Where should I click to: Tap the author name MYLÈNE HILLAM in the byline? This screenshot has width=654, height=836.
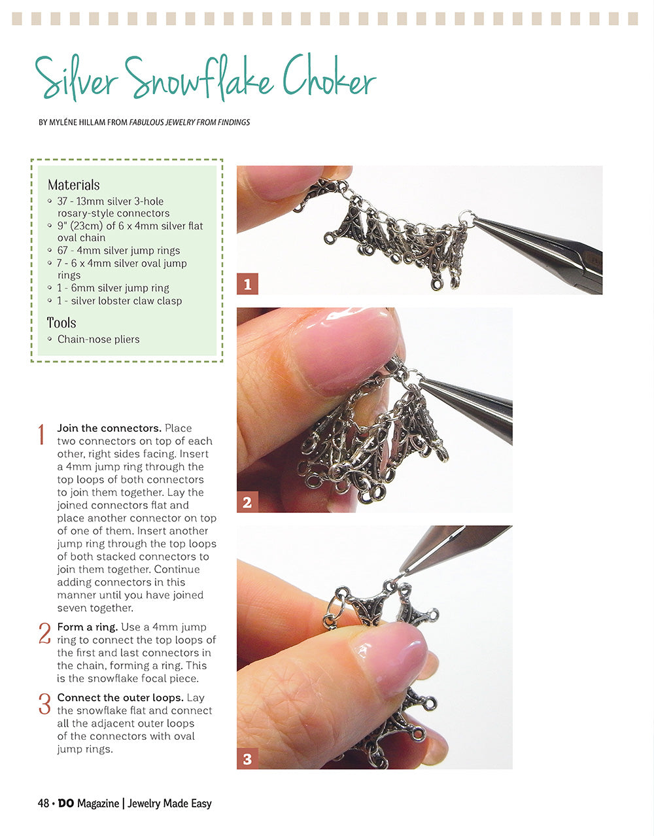[77, 122]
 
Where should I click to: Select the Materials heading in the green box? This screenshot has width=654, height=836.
[74, 185]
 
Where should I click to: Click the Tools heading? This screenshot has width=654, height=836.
[61, 323]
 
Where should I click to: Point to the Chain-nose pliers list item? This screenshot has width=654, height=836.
[98, 340]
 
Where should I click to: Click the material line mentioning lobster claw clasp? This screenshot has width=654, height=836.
[120, 301]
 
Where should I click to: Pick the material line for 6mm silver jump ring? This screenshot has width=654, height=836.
[113, 288]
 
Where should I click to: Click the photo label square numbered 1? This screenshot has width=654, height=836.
[247, 284]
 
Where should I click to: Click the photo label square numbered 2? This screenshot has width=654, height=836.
[247, 502]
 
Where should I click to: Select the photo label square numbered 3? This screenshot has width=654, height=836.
[247, 759]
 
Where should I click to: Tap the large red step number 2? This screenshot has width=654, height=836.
[44, 634]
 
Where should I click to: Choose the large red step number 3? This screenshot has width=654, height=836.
[44, 705]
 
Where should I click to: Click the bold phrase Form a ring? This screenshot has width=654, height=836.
[87, 627]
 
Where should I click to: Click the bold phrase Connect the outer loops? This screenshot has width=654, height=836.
[120, 697]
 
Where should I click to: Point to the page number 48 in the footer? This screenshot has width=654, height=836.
[43, 803]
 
